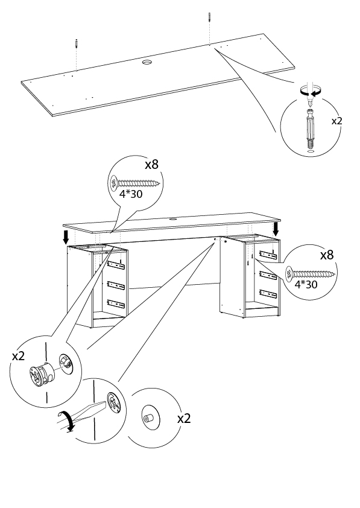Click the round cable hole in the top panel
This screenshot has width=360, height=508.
tap(148, 62)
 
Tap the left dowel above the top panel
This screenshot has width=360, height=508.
tap(77, 43)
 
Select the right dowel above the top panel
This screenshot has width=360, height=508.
tap(210, 16)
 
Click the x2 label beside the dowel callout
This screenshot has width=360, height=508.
tap(336, 121)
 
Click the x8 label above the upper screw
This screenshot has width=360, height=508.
tap(151, 165)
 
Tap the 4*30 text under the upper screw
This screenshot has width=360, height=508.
tap(131, 194)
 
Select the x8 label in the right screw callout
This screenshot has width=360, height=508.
tap(327, 255)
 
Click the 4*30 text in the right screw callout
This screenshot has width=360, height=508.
tap(306, 284)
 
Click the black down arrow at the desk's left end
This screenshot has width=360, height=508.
tap(66, 237)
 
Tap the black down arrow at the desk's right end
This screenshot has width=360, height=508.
tap(276, 229)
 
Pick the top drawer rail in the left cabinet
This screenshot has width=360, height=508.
tap(116, 265)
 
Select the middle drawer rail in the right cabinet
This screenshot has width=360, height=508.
tap(268, 275)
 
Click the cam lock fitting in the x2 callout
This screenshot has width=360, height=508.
tap(42, 376)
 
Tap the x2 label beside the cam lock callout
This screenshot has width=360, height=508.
tap(18, 357)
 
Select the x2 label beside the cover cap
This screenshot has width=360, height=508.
tap(184, 419)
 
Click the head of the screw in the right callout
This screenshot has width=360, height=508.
tap(289, 274)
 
